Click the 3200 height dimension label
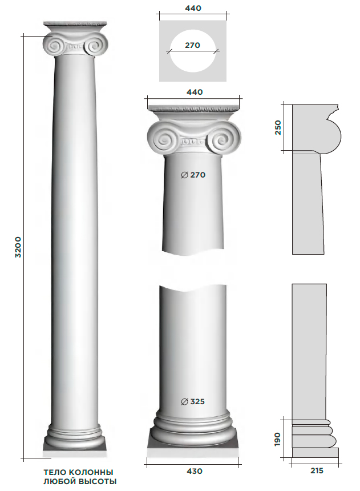[18, 247]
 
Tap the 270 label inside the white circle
[192, 46]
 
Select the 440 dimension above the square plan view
[193, 8]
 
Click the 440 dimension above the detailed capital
[195, 92]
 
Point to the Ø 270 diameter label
[193, 175]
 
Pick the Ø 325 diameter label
[193, 401]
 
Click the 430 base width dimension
[194, 471]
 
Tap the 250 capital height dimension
[278, 127]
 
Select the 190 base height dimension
[277, 440]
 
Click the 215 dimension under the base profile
[317, 470]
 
